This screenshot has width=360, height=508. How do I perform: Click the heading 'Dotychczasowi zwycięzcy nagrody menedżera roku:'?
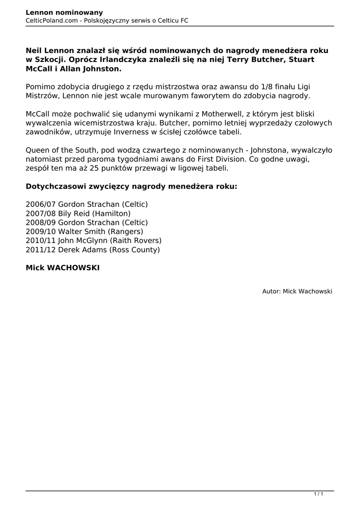click(x=131, y=187)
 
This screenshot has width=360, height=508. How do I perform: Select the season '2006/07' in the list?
click(x=41, y=204)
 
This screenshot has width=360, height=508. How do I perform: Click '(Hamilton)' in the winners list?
click(x=111, y=213)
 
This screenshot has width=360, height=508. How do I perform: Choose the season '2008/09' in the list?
click(x=41, y=222)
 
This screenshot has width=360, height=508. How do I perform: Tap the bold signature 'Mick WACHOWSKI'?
click(x=63, y=268)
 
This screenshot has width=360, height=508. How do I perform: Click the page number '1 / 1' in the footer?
click(x=319, y=494)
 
